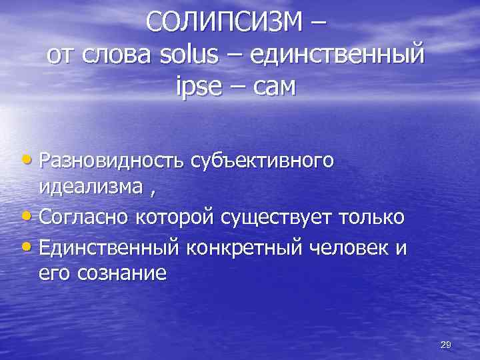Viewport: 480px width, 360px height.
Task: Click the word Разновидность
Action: [113, 161]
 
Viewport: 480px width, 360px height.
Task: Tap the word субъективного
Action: [262, 161]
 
